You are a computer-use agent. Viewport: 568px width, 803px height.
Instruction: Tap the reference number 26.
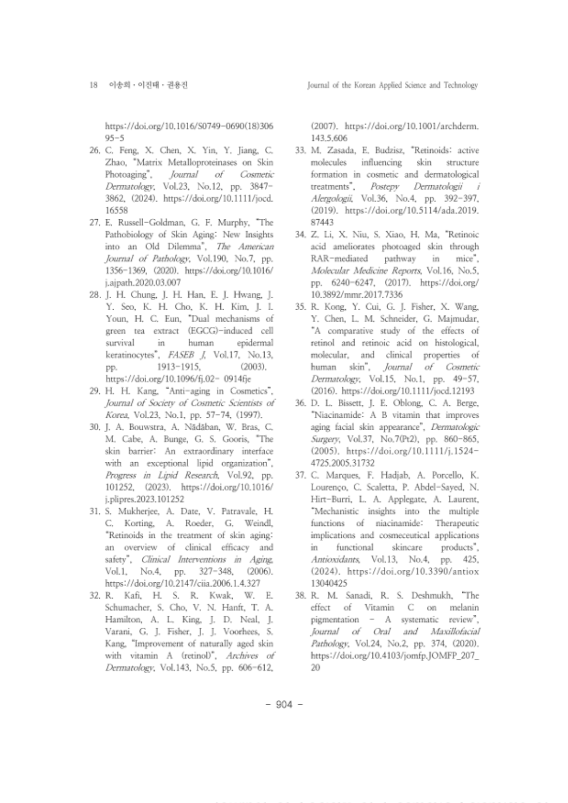click(x=95, y=150)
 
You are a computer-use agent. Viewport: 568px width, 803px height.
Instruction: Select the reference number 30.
click(x=95, y=427)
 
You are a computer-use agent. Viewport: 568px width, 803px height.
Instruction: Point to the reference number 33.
click(x=301, y=150)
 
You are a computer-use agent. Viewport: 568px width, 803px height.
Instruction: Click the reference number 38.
click(x=301, y=596)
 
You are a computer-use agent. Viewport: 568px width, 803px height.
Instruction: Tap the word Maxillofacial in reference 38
click(x=455, y=632)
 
